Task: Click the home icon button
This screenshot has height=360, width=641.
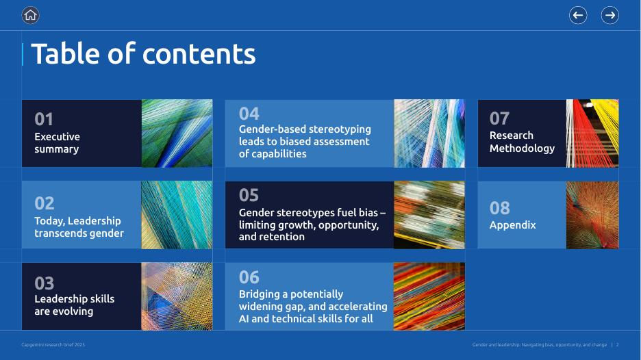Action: tap(30, 16)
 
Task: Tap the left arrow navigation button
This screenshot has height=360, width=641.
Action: tap(578, 16)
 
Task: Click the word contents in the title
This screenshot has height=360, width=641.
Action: tap(199, 54)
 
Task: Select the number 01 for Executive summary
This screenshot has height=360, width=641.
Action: tap(44, 119)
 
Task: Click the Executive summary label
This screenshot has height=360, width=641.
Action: tap(58, 142)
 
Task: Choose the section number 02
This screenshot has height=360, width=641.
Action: tap(44, 203)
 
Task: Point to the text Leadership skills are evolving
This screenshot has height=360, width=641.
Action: tap(75, 305)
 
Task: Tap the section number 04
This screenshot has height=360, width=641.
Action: tap(249, 114)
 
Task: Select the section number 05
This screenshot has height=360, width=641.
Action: tap(249, 195)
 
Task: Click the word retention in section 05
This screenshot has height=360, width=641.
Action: tap(284, 237)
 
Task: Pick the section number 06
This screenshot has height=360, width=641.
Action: tap(249, 277)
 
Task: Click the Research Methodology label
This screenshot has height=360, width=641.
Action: tap(522, 142)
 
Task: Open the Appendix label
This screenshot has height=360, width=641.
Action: tap(513, 225)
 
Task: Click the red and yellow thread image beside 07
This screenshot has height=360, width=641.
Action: tap(592, 133)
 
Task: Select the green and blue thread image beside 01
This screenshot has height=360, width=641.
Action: tap(177, 133)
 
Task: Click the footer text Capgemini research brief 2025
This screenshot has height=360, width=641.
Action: tap(53, 345)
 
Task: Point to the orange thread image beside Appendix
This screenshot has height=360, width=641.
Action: tap(592, 215)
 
